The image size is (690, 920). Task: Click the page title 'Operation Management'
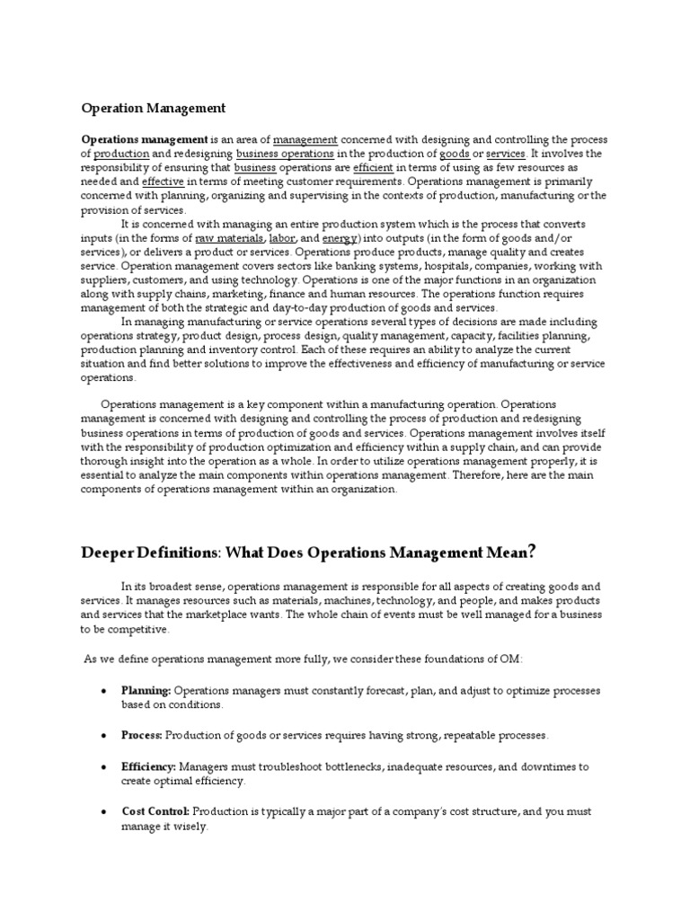(x=154, y=108)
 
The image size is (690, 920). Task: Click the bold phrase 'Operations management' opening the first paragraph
(x=145, y=140)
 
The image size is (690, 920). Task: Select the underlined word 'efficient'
(x=373, y=168)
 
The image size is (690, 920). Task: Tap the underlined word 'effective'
(x=163, y=181)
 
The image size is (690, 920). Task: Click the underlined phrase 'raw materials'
(x=230, y=238)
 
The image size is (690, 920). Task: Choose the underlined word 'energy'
(x=340, y=238)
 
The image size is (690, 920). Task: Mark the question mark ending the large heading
(x=533, y=550)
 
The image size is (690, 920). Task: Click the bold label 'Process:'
(x=142, y=735)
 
